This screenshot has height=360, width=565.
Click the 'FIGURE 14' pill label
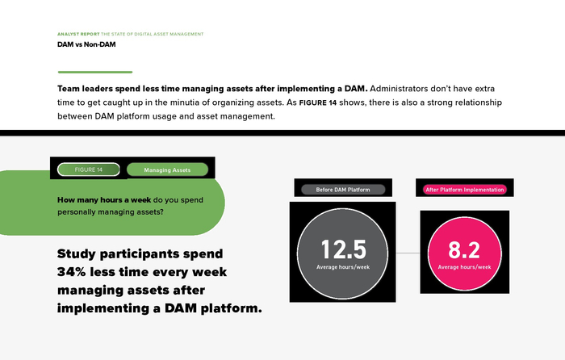[89, 170]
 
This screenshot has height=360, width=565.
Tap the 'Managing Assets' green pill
[167, 170]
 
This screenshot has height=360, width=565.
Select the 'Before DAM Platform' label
[343, 190]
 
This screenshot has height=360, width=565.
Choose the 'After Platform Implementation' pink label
[464, 190]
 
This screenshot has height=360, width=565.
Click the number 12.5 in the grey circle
[343, 249]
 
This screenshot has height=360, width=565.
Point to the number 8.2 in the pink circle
[464, 249]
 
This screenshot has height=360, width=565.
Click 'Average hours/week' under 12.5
[343, 267]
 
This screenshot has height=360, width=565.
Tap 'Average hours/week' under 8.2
[464, 267]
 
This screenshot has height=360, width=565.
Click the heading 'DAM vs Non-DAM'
[86, 44]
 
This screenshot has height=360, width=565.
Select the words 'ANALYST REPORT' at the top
[78, 34]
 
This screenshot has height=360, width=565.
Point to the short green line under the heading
[95, 72]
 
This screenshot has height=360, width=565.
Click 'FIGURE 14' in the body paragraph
[318, 103]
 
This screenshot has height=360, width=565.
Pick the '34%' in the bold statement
[71, 272]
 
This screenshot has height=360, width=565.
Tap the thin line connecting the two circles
[408, 253]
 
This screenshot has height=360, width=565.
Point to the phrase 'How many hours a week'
[104, 200]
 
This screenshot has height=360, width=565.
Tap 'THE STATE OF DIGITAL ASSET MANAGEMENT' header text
[152, 34]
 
